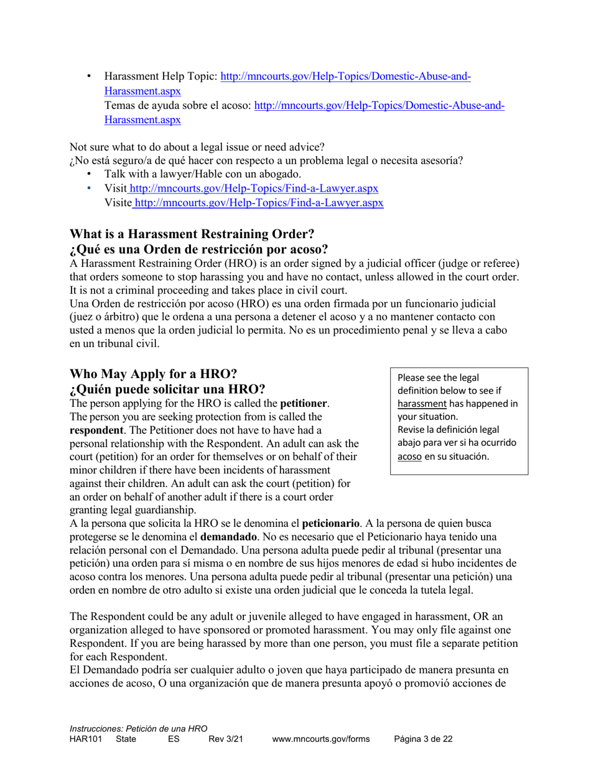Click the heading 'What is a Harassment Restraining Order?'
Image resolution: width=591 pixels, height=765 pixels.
[x=192, y=234]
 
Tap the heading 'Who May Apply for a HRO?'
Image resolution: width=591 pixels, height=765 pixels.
[x=153, y=374]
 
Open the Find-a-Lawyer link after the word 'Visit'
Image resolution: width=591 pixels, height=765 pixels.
[x=253, y=188]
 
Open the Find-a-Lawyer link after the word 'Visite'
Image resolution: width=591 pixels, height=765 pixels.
[x=258, y=202]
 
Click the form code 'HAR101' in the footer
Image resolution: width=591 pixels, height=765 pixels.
[x=85, y=739]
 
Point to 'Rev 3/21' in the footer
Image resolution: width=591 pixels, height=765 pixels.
[x=225, y=739]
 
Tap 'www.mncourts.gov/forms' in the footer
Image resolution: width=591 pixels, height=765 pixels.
[x=321, y=739]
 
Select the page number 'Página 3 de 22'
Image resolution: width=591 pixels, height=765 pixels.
[x=423, y=739]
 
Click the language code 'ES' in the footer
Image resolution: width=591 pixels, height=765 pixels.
[x=174, y=739]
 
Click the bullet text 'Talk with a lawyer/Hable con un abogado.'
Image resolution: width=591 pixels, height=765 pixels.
[x=203, y=174]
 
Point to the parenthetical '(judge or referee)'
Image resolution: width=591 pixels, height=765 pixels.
[x=480, y=263]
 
